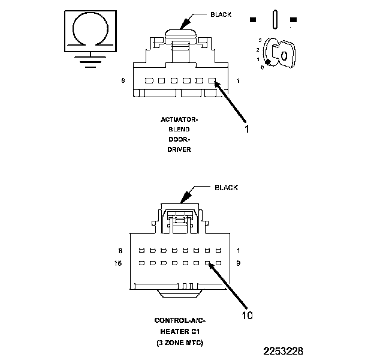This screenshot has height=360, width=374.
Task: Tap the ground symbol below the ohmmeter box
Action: (x=90, y=60)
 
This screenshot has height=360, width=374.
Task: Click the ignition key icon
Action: (x=281, y=53)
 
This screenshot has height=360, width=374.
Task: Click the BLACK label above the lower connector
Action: (x=227, y=188)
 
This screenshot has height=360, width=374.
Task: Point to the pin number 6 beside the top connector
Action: (x=123, y=80)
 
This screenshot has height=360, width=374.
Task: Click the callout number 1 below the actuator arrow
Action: (x=246, y=128)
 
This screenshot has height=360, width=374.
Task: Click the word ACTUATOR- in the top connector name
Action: (x=179, y=119)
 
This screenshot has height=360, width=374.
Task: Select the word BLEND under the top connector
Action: (x=179, y=130)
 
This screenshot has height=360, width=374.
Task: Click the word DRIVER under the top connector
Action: (x=179, y=149)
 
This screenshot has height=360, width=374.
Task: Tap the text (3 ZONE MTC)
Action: (x=179, y=343)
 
